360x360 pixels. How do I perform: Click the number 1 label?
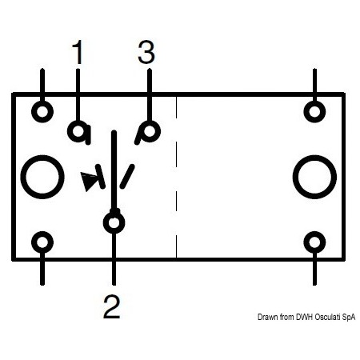pos(78,52)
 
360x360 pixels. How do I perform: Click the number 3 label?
pos(146,52)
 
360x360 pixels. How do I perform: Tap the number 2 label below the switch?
pos(112,306)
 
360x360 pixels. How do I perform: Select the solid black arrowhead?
pos(89,180)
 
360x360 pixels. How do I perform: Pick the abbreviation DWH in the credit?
pos(305,317)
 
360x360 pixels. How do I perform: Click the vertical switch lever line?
pos(114,170)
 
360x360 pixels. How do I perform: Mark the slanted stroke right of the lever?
pos(127,177)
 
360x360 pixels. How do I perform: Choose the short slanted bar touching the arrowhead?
pos(100,177)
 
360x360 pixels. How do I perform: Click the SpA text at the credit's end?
pos(349,318)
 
